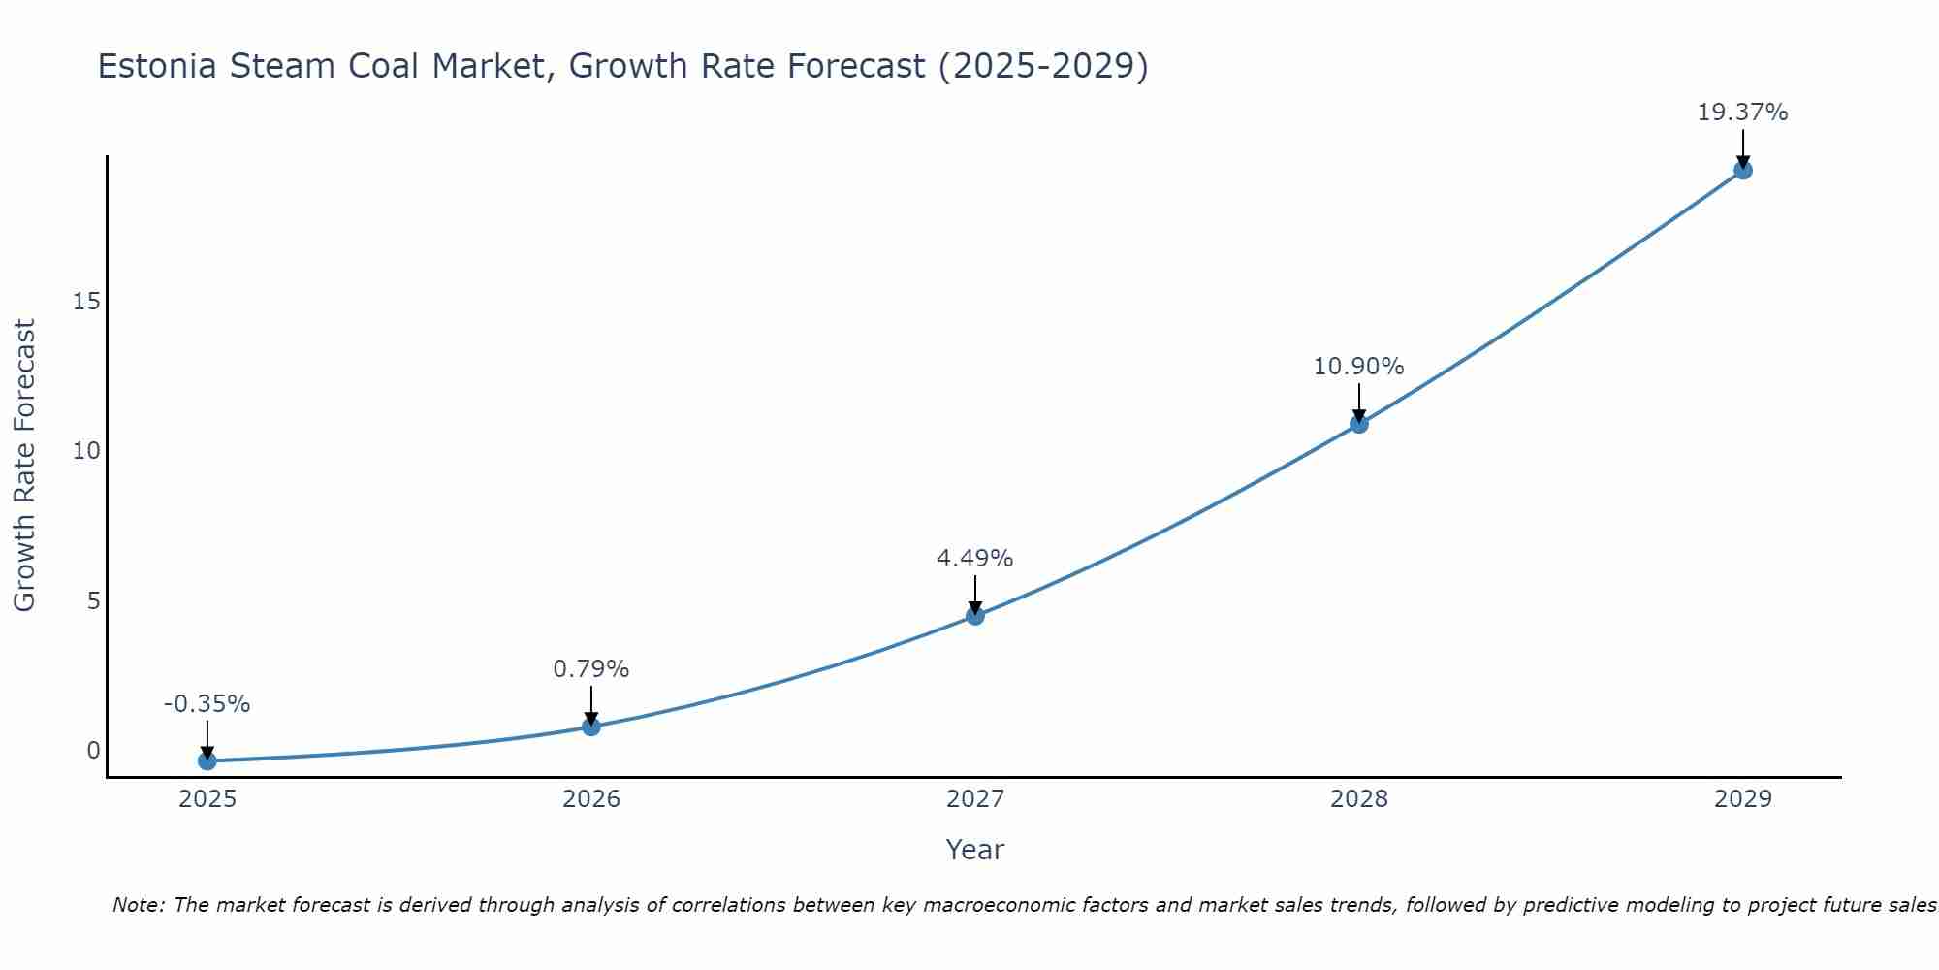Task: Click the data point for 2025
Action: tap(207, 761)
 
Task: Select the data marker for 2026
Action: tap(590, 727)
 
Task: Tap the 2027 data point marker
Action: tap(974, 616)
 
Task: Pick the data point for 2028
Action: tap(1358, 424)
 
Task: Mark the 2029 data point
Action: tap(1742, 171)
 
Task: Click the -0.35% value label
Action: tap(207, 704)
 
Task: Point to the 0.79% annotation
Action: tap(590, 669)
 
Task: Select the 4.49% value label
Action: tap(974, 559)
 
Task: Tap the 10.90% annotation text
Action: tap(1358, 367)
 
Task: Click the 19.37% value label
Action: tap(1742, 113)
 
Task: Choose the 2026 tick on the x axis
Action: tap(590, 799)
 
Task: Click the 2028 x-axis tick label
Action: tap(1358, 799)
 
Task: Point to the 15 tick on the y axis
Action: tap(86, 302)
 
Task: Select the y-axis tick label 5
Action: tap(93, 600)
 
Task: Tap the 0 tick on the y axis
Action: tap(93, 750)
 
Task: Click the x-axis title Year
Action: tap(974, 850)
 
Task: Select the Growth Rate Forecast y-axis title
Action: tap(24, 466)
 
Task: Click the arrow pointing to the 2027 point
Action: tap(974, 594)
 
